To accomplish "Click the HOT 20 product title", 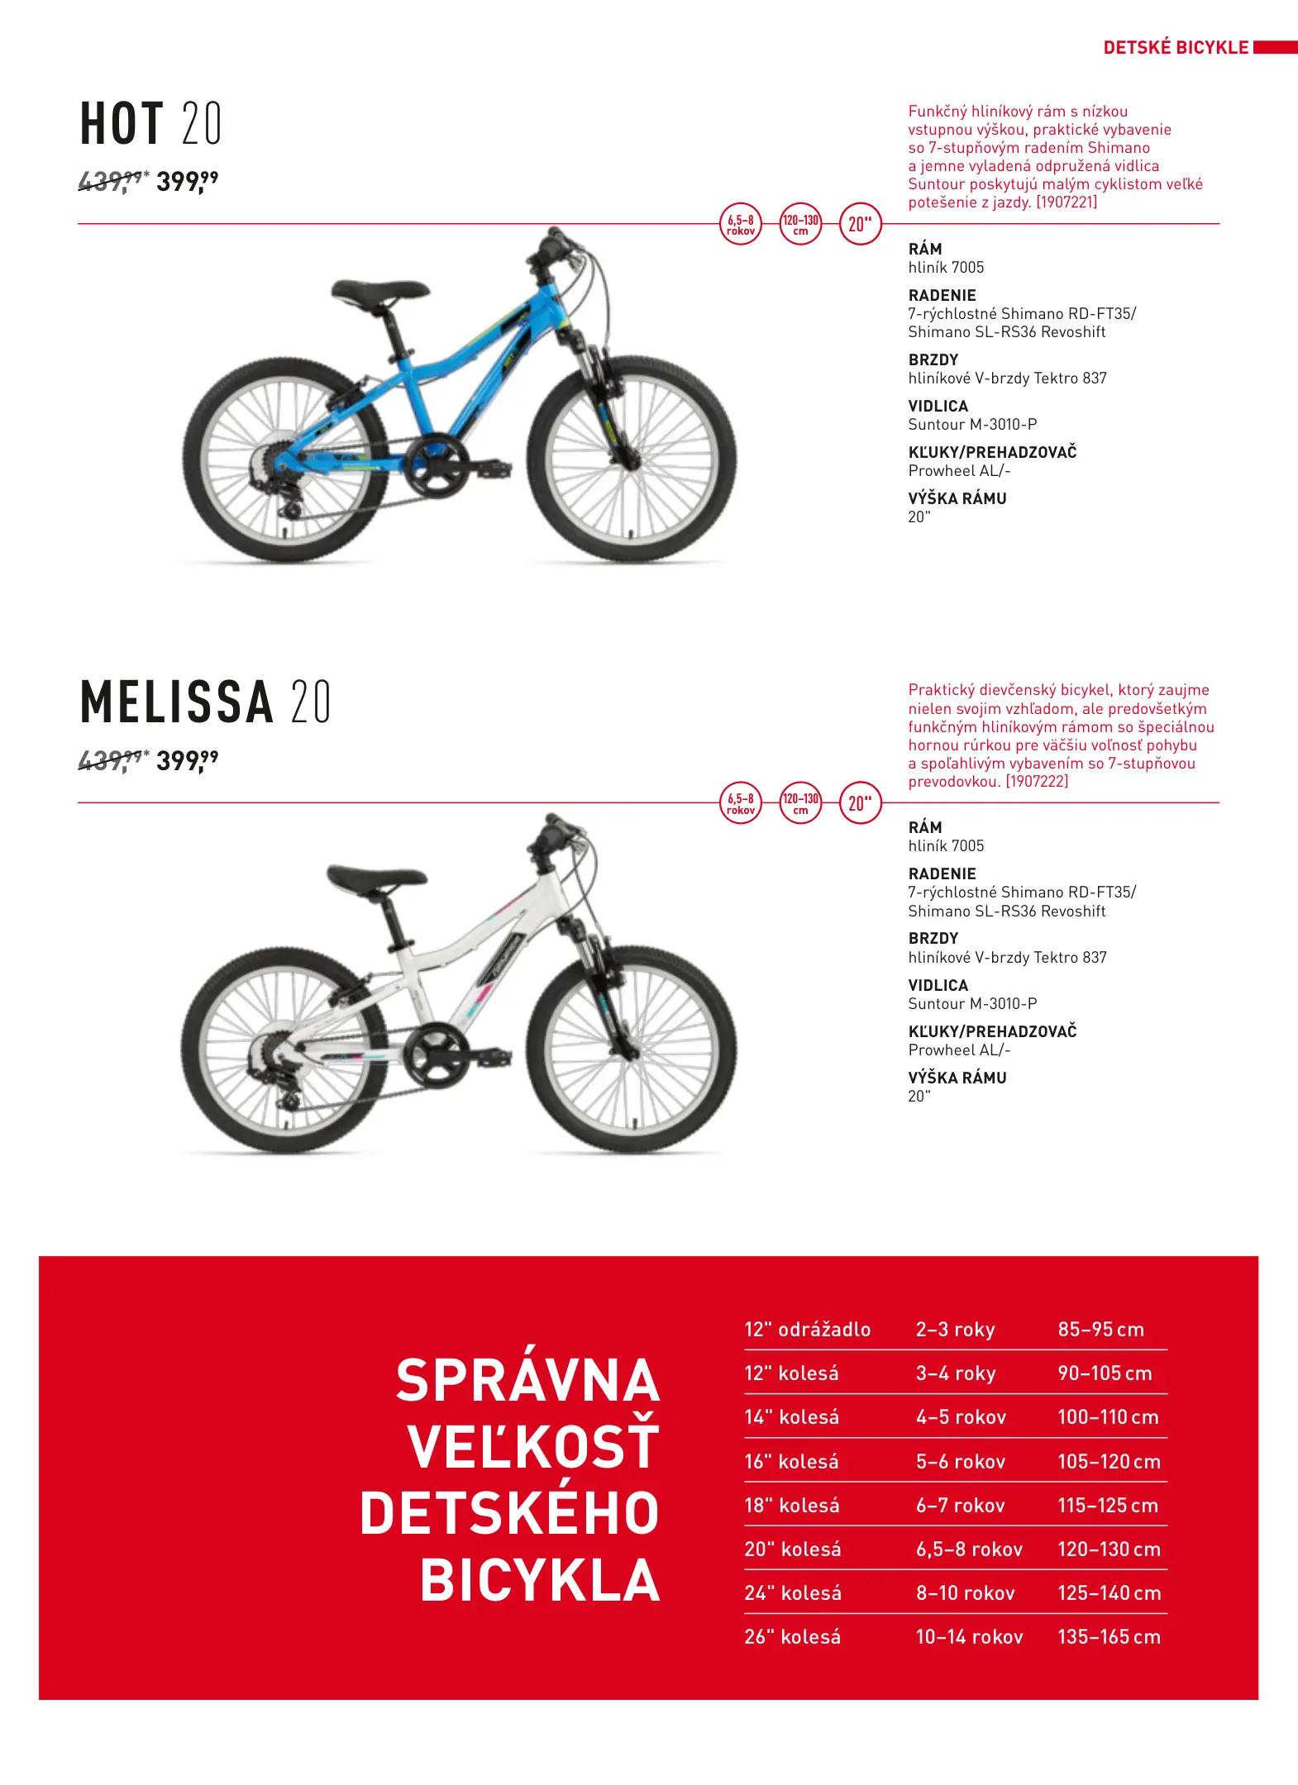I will [150, 124].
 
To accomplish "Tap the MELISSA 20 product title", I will [205, 702].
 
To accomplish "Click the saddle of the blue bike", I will [379, 291].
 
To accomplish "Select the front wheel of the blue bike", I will [632, 459].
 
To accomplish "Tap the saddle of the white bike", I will [377, 877].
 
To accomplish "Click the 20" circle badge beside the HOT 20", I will [860, 224].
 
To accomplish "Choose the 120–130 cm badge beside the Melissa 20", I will [800, 802].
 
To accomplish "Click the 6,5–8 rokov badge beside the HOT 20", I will [741, 224].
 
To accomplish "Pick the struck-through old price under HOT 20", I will [112, 181].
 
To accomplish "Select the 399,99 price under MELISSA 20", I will [187, 760].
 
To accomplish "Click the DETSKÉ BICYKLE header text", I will [1175, 48].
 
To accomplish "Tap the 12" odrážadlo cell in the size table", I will [807, 1330].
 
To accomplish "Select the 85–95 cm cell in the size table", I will [1100, 1330].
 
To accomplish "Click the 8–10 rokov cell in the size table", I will [965, 1592].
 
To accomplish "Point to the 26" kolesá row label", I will [792, 1636].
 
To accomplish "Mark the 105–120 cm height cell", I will [1109, 1461].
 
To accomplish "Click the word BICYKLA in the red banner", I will [539, 1580].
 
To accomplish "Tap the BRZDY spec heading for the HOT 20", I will [933, 359].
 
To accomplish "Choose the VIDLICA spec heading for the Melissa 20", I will [938, 985].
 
